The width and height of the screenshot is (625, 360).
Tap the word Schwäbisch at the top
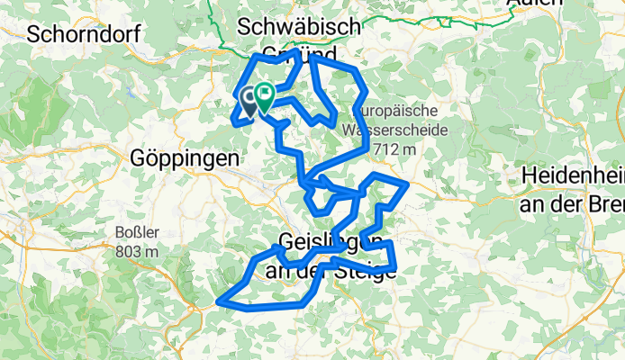(x=300, y=24)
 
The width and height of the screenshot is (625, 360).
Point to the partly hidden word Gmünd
(x=300, y=52)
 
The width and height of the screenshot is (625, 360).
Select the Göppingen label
(x=186, y=156)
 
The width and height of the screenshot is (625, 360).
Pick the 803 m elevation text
(x=137, y=251)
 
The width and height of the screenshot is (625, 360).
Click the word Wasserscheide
(x=397, y=129)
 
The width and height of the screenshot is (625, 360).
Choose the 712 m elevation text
(x=395, y=148)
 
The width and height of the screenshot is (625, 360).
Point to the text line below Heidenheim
(x=572, y=202)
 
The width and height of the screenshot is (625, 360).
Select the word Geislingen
(x=336, y=243)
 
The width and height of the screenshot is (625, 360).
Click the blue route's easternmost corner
(x=408, y=184)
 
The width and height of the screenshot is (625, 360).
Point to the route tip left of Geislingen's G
(x=274, y=246)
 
